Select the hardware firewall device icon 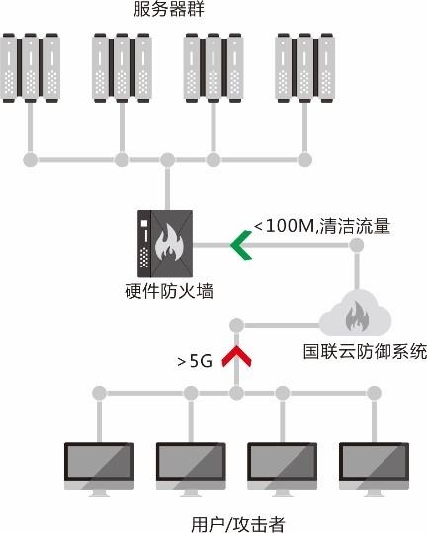coord(165,244)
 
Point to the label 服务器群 coord(169,9)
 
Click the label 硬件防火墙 coord(169,291)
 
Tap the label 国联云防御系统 coord(365,351)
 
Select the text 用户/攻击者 coord(237,524)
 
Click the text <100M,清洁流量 coord(322,226)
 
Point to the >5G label coord(195,361)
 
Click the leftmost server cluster coord(31,67)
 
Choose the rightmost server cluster coord(304,67)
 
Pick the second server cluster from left coord(122,67)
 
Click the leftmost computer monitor coord(99,470)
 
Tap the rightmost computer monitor coord(374,470)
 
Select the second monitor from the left coord(191,470)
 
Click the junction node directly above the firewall coord(167,160)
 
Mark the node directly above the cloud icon coord(357,245)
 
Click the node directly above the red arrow coord(236,326)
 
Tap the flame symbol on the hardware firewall coord(169,242)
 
